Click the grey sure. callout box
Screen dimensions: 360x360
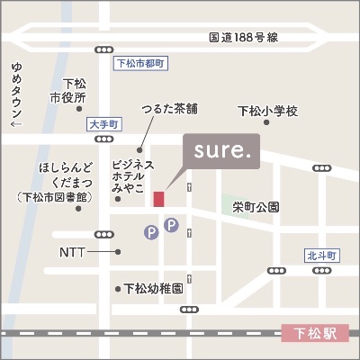tap(221, 151)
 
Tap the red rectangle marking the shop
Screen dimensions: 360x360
tap(159, 199)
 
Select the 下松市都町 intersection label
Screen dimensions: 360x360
tap(141, 64)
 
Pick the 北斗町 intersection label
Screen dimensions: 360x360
tap(320, 256)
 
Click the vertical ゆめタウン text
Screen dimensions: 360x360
tap(15, 94)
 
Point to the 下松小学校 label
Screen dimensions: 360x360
tap(267, 111)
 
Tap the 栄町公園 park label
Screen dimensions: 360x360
tap(256, 206)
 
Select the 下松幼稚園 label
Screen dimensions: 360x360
tap(154, 289)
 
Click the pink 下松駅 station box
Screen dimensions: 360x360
tap(315, 334)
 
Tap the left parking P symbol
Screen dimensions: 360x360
tap(152, 233)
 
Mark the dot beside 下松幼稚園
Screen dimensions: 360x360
tap(117, 289)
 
